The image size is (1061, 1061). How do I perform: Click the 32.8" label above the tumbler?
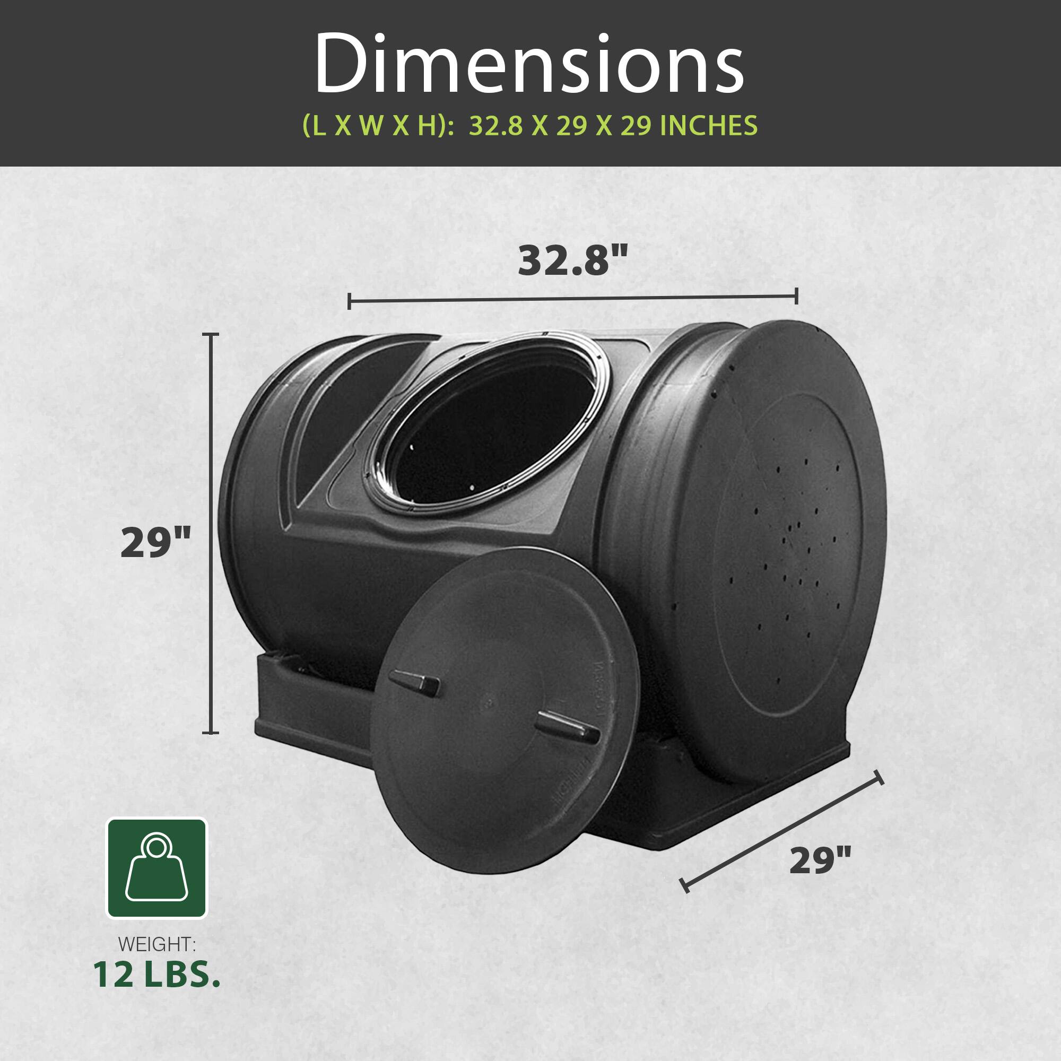[573, 260]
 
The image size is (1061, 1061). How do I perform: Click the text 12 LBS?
[156, 974]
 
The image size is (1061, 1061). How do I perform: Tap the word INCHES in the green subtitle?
[708, 126]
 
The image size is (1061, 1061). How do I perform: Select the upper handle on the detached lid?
[415, 683]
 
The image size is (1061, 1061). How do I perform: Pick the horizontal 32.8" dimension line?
[573, 299]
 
